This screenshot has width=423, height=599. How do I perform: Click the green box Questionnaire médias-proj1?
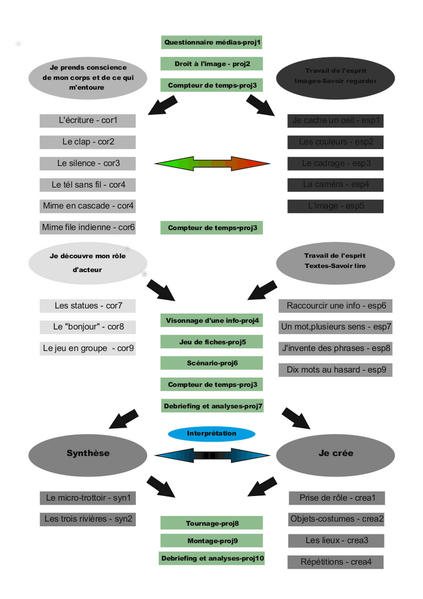click(211, 42)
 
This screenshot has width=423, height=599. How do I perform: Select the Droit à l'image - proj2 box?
click(211, 64)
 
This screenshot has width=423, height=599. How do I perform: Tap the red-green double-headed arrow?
click(212, 163)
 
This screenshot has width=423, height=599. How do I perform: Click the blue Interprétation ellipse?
click(211, 433)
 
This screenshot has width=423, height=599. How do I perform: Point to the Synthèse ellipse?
click(88, 453)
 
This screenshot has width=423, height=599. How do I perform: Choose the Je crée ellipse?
click(335, 453)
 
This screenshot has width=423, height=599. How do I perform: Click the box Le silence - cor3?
click(88, 163)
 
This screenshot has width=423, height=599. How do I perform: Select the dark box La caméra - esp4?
click(335, 184)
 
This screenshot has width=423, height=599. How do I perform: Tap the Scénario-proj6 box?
click(211, 363)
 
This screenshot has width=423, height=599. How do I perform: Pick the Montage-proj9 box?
click(211, 541)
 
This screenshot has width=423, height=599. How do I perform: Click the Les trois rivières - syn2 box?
click(88, 519)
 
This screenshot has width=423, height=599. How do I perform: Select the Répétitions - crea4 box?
click(335, 562)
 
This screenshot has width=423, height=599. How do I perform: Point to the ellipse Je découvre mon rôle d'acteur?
click(88, 263)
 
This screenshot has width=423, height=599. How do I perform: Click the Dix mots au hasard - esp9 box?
click(335, 370)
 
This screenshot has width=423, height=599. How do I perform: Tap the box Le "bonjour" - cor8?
click(88, 327)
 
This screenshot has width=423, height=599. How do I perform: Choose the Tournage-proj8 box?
click(211, 523)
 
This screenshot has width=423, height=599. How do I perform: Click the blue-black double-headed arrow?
click(212, 455)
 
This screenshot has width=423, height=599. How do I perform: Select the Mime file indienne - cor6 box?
click(88, 227)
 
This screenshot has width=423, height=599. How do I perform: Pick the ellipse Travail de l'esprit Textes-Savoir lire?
click(335, 261)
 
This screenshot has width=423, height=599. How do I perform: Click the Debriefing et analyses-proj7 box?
click(213, 406)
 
